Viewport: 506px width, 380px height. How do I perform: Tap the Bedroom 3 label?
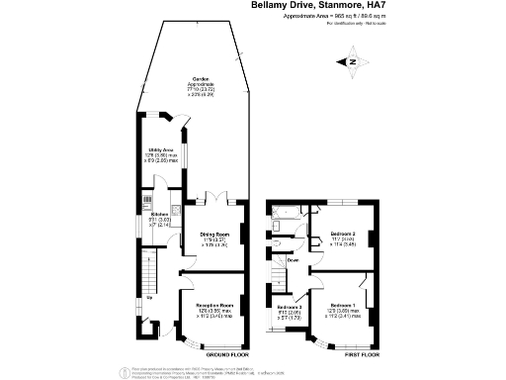pyautogui.click(x=290, y=307)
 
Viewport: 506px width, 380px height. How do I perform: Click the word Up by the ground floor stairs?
pyautogui.click(x=149, y=297)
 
